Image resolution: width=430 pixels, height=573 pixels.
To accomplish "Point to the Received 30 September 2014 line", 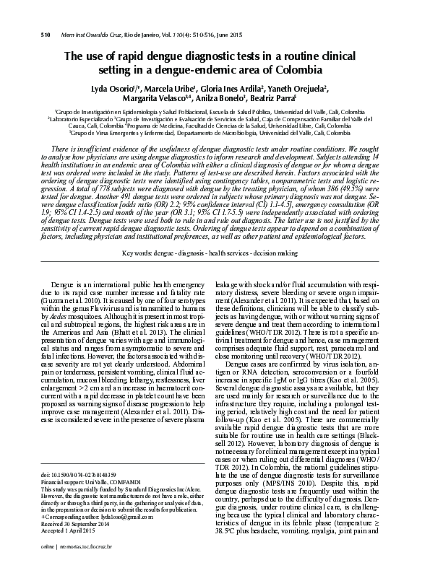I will click(x=78, y=544).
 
